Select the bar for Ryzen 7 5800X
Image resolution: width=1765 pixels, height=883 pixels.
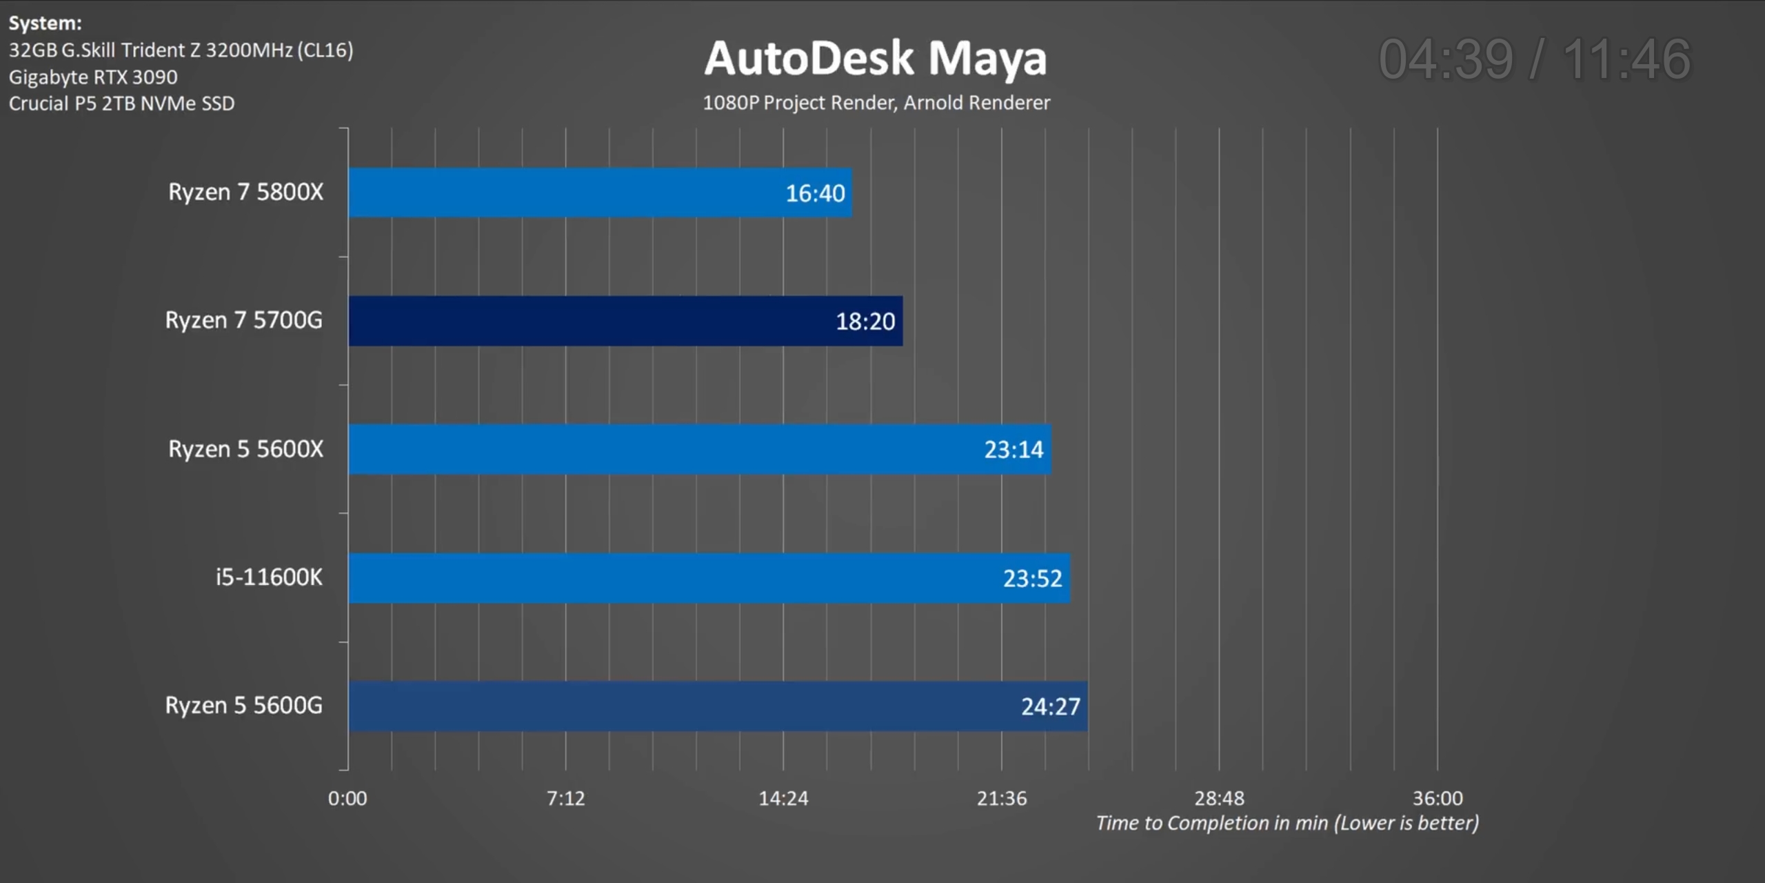point(600,192)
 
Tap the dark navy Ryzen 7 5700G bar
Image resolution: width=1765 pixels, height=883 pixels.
point(625,321)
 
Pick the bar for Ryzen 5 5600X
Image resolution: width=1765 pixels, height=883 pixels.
point(700,449)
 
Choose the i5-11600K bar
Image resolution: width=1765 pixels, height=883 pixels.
point(709,578)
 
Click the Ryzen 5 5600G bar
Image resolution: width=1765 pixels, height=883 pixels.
point(718,706)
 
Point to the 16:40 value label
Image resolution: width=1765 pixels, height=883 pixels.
point(815,193)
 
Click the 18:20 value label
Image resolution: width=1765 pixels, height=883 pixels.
point(865,321)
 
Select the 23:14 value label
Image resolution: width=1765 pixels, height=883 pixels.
point(1013,450)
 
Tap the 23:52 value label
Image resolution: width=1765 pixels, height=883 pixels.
point(1032,578)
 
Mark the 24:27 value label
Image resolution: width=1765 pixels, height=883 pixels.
point(1050,706)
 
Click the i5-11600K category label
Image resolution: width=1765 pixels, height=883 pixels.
point(269,577)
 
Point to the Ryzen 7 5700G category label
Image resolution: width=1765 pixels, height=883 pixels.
point(243,320)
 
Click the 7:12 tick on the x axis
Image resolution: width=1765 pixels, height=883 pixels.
point(565,798)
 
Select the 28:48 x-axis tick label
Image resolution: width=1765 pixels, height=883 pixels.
point(1219,798)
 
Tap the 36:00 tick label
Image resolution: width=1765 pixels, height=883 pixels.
point(1438,798)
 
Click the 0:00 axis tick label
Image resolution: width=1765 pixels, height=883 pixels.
point(347,798)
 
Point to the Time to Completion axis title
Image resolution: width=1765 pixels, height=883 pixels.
point(1287,823)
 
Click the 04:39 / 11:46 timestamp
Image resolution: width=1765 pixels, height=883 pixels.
point(1535,59)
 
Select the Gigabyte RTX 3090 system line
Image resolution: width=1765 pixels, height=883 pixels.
point(93,77)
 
